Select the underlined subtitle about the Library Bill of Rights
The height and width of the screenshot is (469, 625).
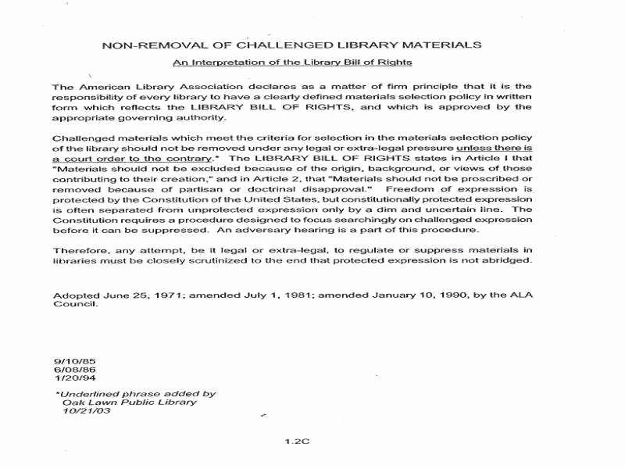tap(292, 62)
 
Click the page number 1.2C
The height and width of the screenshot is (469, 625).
tap(298, 441)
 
